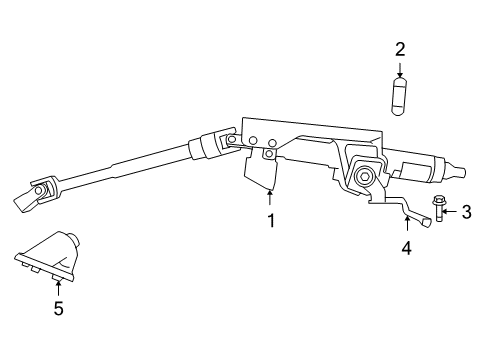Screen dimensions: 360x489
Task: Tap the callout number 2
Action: click(400, 48)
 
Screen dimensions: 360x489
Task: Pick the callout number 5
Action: click(58, 309)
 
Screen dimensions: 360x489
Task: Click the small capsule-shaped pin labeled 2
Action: click(400, 98)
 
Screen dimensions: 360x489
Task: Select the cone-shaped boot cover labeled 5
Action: click(50, 260)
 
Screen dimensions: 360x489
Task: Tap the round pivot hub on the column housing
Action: click(367, 177)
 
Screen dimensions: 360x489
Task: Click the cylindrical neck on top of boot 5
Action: click(73, 240)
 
